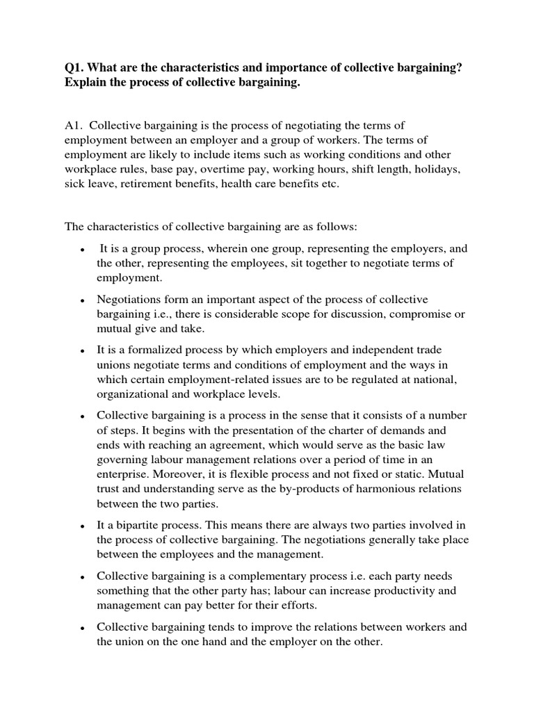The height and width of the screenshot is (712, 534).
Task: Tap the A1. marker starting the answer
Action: [74, 125]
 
